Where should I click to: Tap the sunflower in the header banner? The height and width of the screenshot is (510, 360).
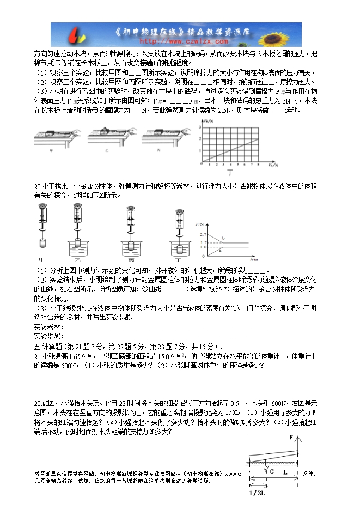(x=286, y=34)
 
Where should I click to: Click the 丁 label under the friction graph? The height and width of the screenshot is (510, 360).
(x=237, y=171)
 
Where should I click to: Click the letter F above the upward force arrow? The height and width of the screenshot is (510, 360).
(x=291, y=437)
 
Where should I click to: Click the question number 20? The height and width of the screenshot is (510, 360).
(x=38, y=186)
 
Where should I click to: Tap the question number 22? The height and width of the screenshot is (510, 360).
(x=38, y=403)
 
